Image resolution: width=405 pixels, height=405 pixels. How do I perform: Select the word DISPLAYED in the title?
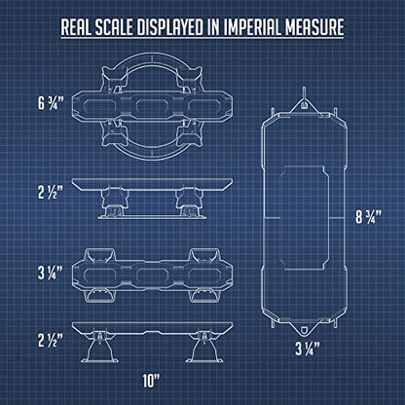(x=169, y=27)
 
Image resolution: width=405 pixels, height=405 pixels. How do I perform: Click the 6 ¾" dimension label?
(x=49, y=103)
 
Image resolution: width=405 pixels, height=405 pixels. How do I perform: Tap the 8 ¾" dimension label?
(x=369, y=217)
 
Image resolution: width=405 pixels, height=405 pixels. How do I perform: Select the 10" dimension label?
(x=152, y=381)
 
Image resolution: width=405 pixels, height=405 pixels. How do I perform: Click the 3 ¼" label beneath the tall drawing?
(x=308, y=349)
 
